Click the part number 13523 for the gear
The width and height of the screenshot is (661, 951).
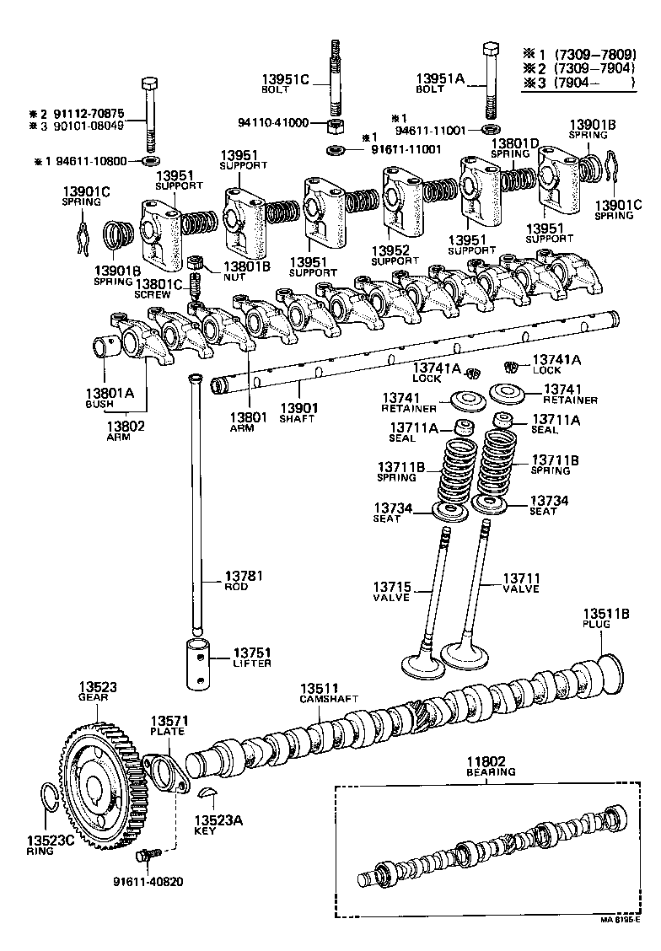(99, 687)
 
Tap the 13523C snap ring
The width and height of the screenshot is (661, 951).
(51, 796)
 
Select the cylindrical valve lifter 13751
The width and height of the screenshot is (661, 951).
(197, 665)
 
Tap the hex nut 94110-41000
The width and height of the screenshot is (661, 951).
(333, 127)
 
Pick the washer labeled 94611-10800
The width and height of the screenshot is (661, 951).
(151, 160)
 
